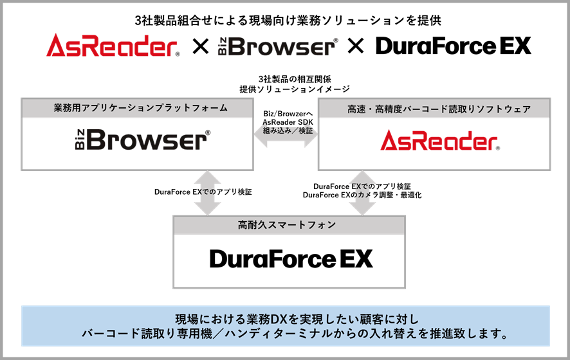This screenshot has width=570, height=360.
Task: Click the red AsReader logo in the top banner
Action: tap(113, 46)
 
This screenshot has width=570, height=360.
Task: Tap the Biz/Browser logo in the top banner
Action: tap(278, 46)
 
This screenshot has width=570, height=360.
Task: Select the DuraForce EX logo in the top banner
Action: tap(454, 46)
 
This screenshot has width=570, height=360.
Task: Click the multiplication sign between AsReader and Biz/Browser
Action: tap(200, 46)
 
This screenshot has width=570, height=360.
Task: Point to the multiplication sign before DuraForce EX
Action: tap(356, 46)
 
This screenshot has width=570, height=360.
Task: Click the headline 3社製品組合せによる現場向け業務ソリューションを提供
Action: tap(288, 21)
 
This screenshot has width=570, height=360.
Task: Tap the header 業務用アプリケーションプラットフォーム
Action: tap(141, 108)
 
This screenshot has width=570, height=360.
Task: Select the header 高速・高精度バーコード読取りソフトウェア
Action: tap(439, 109)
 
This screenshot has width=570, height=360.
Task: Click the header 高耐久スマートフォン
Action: tap(287, 225)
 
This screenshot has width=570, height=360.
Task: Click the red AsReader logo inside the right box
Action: tap(440, 140)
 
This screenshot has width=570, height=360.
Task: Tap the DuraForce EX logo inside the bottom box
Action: tap(291, 258)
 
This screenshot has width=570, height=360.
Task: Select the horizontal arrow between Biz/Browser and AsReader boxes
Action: tap(286, 135)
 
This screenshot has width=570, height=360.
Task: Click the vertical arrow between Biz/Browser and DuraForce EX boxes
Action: tap(208, 193)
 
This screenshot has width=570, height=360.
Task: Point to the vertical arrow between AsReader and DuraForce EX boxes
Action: tap(362, 193)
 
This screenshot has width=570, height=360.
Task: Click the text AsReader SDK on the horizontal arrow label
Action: tap(288, 122)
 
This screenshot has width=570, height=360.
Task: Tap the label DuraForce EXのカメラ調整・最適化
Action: tap(362, 195)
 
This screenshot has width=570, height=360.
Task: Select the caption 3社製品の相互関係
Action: tap(295, 79)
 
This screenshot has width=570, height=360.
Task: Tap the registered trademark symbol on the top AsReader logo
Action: tap(178, 55)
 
